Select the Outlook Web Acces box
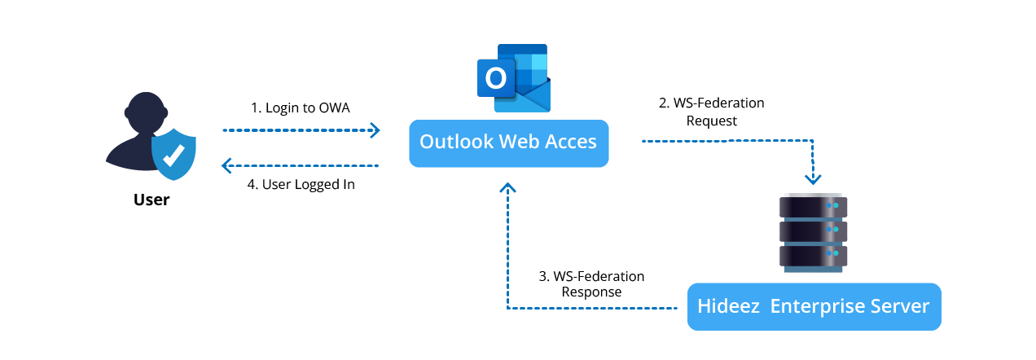pos(508,143)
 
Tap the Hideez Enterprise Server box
pos(814,307)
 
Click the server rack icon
pos(814,232)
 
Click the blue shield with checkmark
pos(173,153)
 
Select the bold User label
pos(151,200)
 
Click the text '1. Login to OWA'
pos(300,108)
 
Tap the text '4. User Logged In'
pos(301,184)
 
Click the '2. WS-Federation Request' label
pos(711,112)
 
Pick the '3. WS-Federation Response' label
pos(591,284)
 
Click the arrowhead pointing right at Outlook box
pos(375,130)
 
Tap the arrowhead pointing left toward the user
pos(228,166)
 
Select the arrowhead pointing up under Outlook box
pos(508,188)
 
